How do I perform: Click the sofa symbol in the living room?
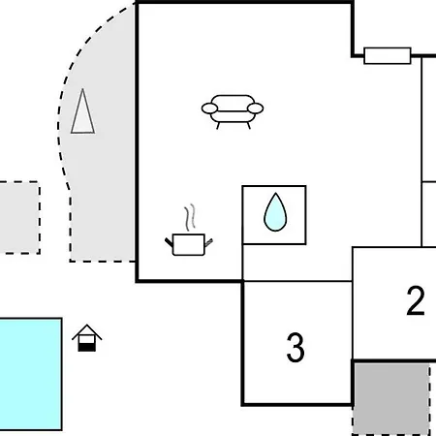[x=233, y=111]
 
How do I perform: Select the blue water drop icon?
[x=275, y=212]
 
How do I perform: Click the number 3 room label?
[x=296, y=348]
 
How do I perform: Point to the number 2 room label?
[x=416, y=300]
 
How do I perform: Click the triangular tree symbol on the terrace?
[x=82, y=111]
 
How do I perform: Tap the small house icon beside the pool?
[x=87, y=338]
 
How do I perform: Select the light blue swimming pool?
[x=31, y=374]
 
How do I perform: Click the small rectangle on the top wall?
[x=388, y=56]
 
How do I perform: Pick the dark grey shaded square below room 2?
[x=391, y=398]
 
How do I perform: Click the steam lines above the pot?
[x=190, y=217]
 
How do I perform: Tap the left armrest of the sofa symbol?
[x=210, y=109]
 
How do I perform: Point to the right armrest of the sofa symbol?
[x=255, y=109]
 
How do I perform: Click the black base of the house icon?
[x=87, y=347]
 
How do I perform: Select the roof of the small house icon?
[x=87, y=332]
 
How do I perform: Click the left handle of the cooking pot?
[x=169, y=242]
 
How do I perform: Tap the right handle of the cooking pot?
[x=208, y=242]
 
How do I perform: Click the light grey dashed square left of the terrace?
[x=19, y=217]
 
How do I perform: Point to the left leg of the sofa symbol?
[x=218, y=126]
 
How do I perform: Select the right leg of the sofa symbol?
[x=249, y=126]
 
